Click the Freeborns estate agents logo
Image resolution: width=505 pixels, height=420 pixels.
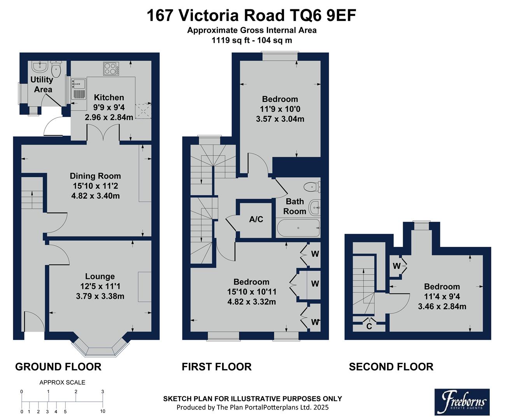(461, 401)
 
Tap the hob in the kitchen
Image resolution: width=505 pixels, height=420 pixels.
(111, 69)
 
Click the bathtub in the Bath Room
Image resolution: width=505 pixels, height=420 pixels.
(298, 228)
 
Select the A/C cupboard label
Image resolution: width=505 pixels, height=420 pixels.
(256, 219)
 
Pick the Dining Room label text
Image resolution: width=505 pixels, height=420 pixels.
(95, 176)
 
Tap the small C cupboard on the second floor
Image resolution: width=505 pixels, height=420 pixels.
(369, 326)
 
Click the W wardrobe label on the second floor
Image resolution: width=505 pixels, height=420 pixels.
(396, 266)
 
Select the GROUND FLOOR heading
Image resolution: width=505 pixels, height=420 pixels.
(58, 367)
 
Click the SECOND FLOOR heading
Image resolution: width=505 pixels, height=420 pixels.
(391, 367)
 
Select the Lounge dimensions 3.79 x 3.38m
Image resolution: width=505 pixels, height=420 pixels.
(100, 296)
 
